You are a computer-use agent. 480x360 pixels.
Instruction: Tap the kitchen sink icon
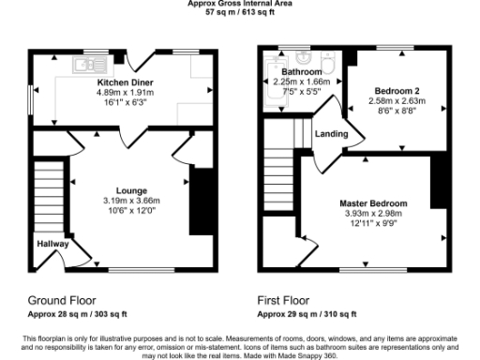coord(82,65)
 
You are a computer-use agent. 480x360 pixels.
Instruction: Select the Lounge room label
coord(131,189)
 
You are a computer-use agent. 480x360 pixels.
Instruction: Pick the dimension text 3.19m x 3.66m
coord(131,200)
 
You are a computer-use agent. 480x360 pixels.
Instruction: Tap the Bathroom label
coord(301,72)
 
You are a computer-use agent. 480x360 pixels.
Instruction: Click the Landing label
coord(332,134)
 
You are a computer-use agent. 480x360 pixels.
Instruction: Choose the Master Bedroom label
coord(373,203)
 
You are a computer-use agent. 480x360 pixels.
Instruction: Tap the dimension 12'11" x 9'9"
coord(373,224)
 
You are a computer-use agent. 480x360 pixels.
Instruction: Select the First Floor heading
coord(288,302)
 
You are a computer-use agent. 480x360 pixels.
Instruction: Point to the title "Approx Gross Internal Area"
coord(240,4)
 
